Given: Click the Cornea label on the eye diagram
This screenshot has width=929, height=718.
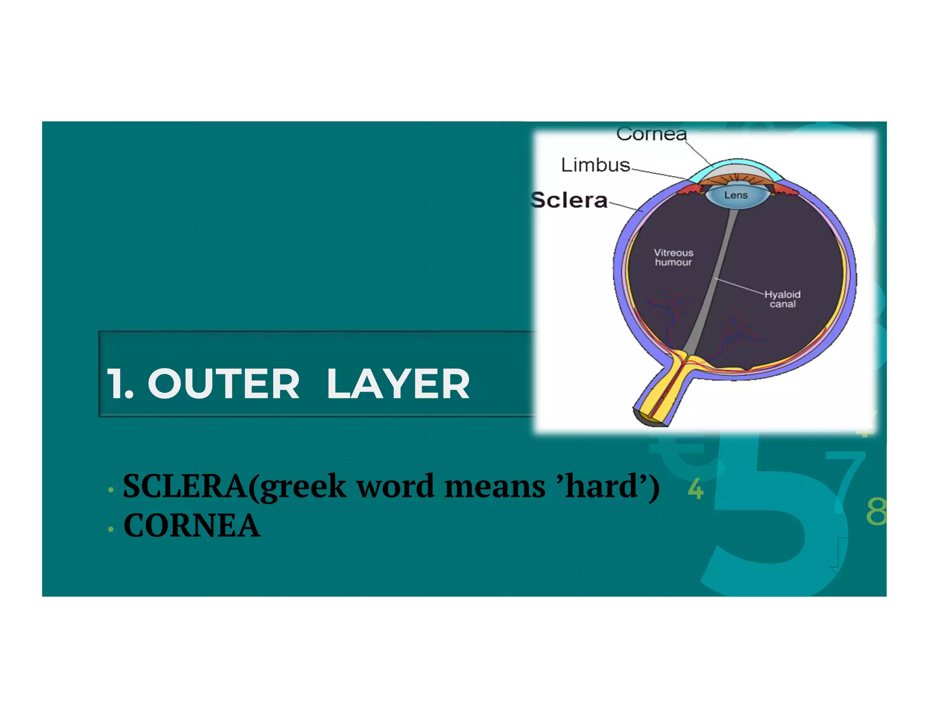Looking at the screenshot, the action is click(x=651, y=134).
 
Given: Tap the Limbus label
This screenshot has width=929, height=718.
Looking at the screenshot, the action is click(x=595, y=165).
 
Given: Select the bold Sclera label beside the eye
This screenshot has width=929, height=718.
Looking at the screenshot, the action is click(x=569, y=200).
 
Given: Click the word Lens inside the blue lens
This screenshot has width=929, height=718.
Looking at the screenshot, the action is click(x=736, y=195).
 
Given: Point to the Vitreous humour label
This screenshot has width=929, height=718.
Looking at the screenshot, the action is click(x=673, y=257).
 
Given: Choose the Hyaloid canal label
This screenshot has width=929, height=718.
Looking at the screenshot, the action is click(x=782, y=299).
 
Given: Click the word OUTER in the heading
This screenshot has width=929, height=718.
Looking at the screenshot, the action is click(x=224, y=384).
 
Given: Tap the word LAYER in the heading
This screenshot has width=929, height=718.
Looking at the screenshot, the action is click(x=398, y=384).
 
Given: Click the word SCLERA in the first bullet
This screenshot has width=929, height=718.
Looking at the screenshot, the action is click(x=185, y=487).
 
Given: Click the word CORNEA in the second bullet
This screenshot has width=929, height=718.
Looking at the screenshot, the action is click(x=192, y=526).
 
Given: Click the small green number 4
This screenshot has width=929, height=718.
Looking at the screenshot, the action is click(x=695, y=489).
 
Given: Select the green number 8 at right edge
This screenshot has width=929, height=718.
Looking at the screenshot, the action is click(x=876, y=511).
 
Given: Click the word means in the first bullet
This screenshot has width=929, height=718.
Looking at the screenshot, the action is click(x=495, y=487).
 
